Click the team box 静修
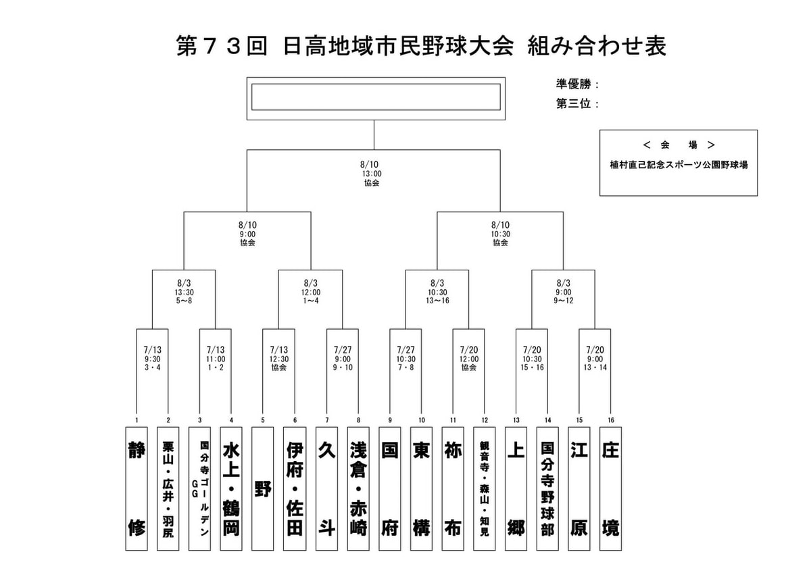137,489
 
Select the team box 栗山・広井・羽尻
168,489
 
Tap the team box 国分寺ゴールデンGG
199,489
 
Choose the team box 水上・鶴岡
231,489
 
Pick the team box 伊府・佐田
295,489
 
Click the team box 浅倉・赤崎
358,489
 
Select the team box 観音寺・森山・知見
485,489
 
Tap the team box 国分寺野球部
547,489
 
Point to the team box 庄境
610,489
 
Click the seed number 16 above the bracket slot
611,420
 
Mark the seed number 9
390,420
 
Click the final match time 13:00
372,174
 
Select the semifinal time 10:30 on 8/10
500,234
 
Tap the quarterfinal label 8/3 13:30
184,288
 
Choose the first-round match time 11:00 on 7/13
216,359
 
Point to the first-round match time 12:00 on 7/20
469,359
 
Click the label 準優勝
574,84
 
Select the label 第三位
574,104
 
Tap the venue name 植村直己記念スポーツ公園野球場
679,165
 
